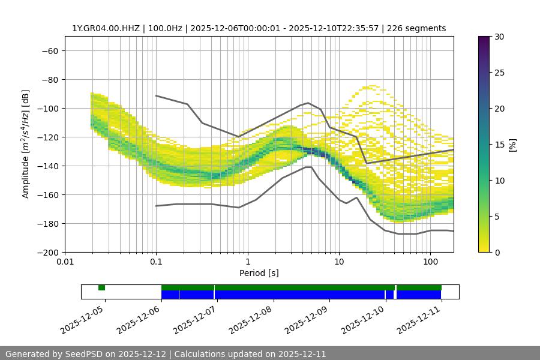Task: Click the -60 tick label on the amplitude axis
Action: pyautogui.click(x=49, y=50)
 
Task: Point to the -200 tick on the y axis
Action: pyautogui.click(x=47, y=252)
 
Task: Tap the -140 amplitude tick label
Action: pyautogui.click(x=47, y=166)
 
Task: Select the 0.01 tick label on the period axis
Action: pyautogui.click(x=65, y=262)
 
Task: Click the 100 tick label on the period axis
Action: pyautogui.click(x=430, y=262)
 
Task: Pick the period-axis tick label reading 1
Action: pyautogui.click(x=247, y=262)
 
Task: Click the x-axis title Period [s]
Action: pyautogui.click(x=259, y=273)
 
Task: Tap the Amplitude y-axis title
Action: pyautogui.click(x=26, y=144)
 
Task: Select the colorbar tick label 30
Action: pyautogui.click(x=498, y=37)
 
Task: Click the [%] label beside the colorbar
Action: pyautogui.click(x=512, y=145)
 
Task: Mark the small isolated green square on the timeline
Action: pyautogui.click(x=101, y=287)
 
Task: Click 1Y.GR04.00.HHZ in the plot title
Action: pyautogui.click(x=106, y=28)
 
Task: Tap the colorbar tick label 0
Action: pyautogui.click(x=496, y=252)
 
